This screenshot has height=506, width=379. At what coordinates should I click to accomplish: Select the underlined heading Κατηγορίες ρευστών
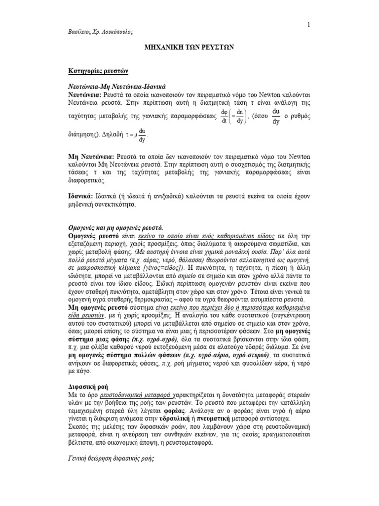[x=98, y=71]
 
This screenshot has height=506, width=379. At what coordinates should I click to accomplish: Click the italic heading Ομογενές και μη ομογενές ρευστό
[x=115, y=229]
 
